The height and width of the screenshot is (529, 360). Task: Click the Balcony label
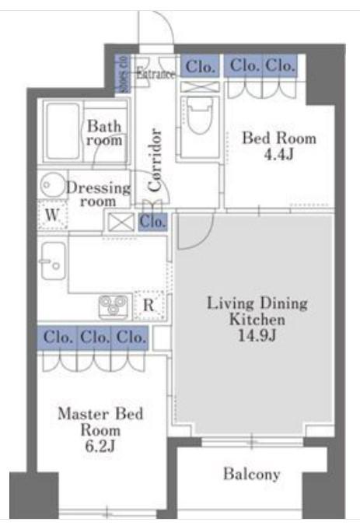(252, 474)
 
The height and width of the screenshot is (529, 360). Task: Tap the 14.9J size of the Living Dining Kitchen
(257, 335)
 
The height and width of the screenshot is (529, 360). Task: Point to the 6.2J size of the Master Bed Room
(100, 446)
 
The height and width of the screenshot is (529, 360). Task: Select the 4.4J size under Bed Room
(279, 154)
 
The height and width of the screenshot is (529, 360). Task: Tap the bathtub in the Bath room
(63, 131)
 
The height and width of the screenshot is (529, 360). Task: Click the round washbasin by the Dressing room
(52, 184)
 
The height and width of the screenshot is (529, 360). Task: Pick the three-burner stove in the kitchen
(114, 307)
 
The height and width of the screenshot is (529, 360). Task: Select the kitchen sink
(53, 261)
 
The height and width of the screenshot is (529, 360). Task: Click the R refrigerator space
(149, 305)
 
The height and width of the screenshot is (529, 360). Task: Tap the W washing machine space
(53, 215)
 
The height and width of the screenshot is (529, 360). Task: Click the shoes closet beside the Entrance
(122, 74)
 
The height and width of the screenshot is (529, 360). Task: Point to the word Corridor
(155, 159)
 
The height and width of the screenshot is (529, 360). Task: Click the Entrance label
(156, 74)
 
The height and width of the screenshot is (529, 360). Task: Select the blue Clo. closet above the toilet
(200, 66)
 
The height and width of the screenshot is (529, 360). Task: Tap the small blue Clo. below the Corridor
(152, 222)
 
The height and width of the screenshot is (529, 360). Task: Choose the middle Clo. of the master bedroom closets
(95, 337)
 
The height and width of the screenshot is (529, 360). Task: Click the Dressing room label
(98, 194)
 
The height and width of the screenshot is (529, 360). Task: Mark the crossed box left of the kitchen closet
(121, 222)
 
